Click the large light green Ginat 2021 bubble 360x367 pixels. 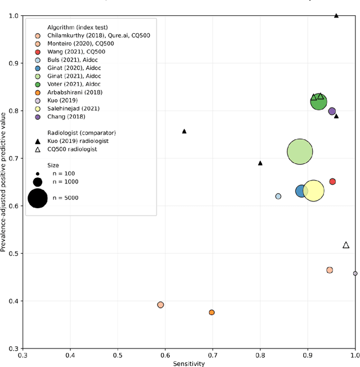(300, 151)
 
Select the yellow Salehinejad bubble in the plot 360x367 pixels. (313, 191)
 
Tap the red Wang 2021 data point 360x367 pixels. (332, 181)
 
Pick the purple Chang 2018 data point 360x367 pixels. (332, 111)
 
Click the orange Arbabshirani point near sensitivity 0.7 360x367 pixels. (211, 312)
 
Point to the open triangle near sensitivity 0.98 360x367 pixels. (346, 245)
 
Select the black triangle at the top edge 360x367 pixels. (336, 16)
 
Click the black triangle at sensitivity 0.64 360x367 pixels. (184, 131)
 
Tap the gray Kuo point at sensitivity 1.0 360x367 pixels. (355, 274)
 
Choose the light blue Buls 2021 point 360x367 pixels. (278, 196)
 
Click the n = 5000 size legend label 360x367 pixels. (65, 198)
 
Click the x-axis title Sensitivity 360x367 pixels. (189, 364)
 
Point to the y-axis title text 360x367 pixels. (4, 182)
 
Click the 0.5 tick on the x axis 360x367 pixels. (118, 356)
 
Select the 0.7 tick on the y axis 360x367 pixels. (12, 159)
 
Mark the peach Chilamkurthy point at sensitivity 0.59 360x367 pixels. (160, 305)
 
